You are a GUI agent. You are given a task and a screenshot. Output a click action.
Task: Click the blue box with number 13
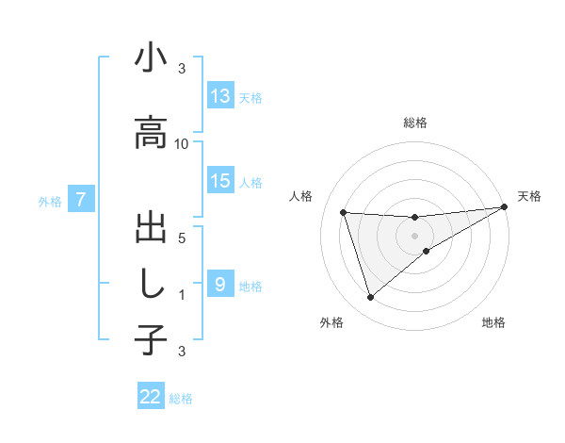coord(220,96)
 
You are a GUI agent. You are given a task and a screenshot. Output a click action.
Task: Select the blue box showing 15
coord(220,182)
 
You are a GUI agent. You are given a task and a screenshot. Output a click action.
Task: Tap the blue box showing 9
coord(220,284)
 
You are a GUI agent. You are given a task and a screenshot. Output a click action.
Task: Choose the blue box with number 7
coord(82,200)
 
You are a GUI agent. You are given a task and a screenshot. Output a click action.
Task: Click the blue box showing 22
coord(151,398)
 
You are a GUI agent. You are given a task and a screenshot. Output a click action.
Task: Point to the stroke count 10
coord(182,143)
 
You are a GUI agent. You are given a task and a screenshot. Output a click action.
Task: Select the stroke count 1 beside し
coord(182,294)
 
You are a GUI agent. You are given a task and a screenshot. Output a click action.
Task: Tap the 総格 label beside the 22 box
coord(181,399)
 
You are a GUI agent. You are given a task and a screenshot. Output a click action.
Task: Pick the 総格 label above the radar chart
coord(414,123)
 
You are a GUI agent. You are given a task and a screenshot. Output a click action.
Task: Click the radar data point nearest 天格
coord(504,207)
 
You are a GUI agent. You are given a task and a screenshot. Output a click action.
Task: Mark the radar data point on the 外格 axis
coord(370,298)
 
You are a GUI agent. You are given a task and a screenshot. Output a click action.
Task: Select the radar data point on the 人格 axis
coord(344,213)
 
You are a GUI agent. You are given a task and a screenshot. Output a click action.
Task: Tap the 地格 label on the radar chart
coord(493,323)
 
